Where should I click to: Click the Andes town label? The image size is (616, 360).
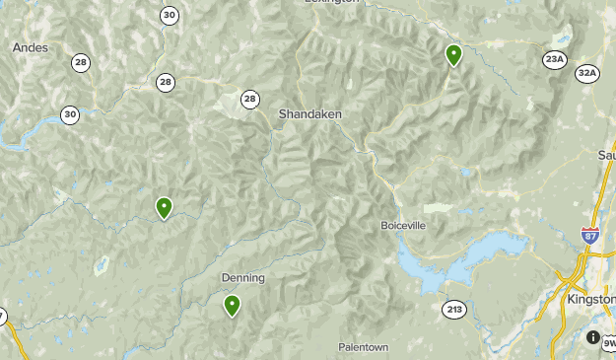click(30, 46)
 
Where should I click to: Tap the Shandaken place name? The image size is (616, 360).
click(309, 114)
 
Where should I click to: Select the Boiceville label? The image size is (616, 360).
click(403, 225)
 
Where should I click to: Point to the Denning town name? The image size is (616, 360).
click(242, 278)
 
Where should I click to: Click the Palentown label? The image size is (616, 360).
click(363, 347)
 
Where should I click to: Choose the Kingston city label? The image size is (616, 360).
click(590, 299)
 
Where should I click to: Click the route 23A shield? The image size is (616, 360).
click(554, 60)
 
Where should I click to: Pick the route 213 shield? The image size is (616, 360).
click(453, 310)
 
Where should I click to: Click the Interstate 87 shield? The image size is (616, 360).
click(589, 235)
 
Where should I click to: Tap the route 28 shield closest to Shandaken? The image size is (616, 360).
click(250, 99)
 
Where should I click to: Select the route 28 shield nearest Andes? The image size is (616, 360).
click(80, 62)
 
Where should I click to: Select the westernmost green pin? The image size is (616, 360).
click(164, 207)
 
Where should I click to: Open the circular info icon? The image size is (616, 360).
click(593, 337)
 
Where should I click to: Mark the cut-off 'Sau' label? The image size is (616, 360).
click(606, 155)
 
